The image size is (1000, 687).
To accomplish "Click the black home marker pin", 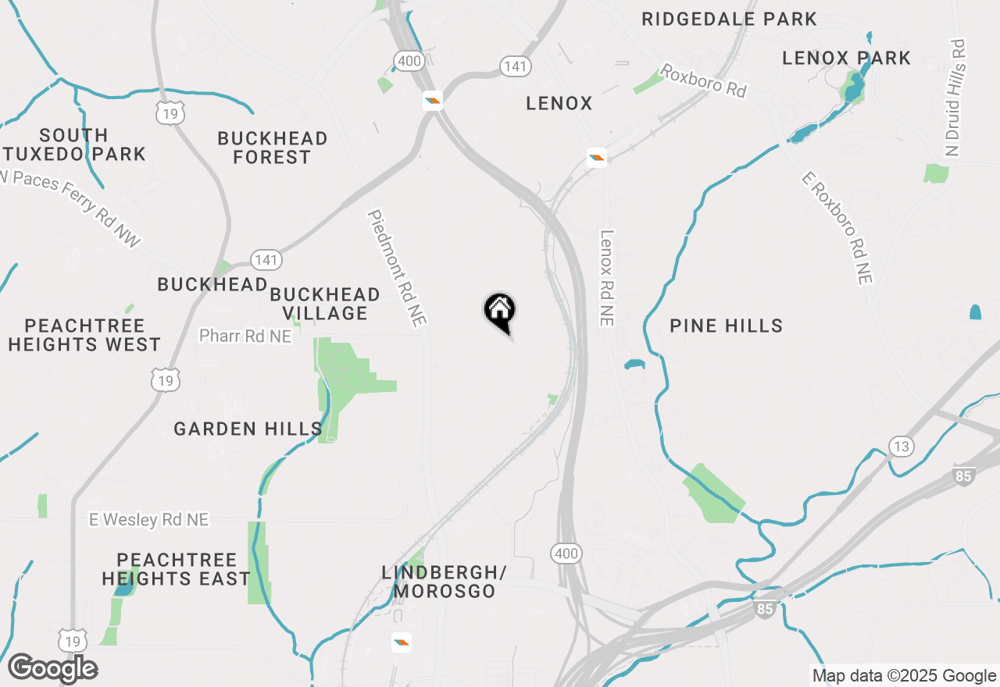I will (500, 312).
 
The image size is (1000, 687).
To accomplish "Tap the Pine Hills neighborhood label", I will (726, 326).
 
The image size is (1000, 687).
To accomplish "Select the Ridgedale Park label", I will (729, 19).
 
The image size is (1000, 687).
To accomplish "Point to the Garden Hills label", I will (248, 429).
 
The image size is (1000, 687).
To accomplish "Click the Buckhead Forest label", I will (272, 148).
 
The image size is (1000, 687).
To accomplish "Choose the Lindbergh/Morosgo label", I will (444, 582).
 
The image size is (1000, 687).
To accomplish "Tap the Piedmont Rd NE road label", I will (398, 268).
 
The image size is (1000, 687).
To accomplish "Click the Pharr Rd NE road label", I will (245, 336).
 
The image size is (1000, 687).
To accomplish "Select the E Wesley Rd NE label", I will (148, 520).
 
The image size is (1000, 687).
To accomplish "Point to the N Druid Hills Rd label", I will (956, 98).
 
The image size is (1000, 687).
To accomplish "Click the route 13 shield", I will (901, 447).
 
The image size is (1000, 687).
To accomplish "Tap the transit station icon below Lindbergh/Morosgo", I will (402, 642).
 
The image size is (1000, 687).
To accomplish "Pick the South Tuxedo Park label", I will (75, 144).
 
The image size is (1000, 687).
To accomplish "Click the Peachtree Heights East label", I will (176, 569).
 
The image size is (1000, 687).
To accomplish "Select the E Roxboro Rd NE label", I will (837, 227).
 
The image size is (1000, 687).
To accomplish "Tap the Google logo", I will (52, 668).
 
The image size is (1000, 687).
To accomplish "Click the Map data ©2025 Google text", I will (904, 676).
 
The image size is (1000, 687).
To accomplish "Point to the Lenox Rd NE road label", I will (608, 277).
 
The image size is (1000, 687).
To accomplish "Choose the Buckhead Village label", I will (324, 304).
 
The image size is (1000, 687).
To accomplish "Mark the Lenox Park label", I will (846, 58).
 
